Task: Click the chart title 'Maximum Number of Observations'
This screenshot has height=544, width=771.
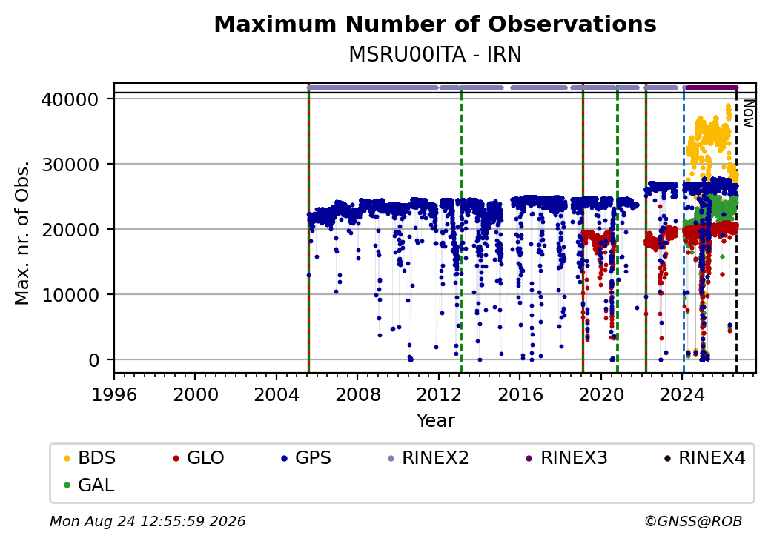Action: point(435,24)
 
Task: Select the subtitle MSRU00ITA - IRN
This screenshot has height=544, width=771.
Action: point(435,55)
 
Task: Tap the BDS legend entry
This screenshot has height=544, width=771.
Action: point(90,458)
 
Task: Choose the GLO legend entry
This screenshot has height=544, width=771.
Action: point(199,458)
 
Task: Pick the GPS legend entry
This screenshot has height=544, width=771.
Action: point(306,458)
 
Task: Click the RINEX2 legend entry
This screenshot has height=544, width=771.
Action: point(428,458)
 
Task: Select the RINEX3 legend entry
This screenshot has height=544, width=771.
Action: point(567,458)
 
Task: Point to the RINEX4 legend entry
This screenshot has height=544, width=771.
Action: point(705,458)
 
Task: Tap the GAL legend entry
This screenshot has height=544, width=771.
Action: point(90,485)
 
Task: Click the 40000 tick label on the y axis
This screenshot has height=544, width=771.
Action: point(70,100)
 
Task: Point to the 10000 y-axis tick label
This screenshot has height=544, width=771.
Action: point(70,295)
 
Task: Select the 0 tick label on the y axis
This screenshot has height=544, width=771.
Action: point(94,361)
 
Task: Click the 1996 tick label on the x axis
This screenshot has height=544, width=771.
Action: point(115,394)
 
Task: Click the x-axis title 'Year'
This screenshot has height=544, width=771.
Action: point(436,421)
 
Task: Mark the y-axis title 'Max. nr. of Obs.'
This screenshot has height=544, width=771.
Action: point(22,233)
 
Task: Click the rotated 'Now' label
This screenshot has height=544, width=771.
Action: point(748,113)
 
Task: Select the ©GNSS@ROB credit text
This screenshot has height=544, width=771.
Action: point(693,521)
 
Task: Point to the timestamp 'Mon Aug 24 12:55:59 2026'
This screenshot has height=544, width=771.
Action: point(148,521)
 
